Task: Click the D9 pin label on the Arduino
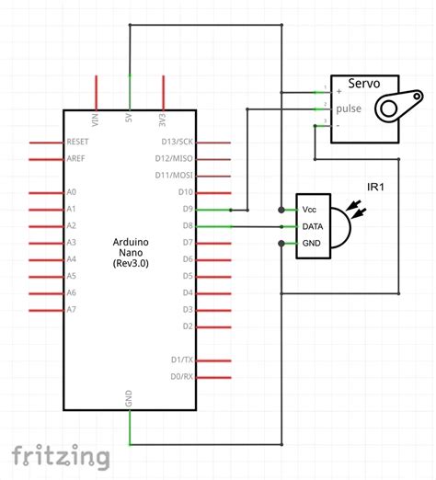(x=186, y=210)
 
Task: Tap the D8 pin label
(x=186, y=226)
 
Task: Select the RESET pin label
(x=78, y=143)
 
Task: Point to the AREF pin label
(x=76, y=159)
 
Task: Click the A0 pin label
(x=72, y=193)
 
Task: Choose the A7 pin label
(x=72, y=310)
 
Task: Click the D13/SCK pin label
(x=178, y=143)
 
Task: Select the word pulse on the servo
(x=348, y=107)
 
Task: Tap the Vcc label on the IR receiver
(x=310, y=209)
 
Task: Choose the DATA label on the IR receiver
(x=313, y=226)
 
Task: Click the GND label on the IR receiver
(x=312, y=244)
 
